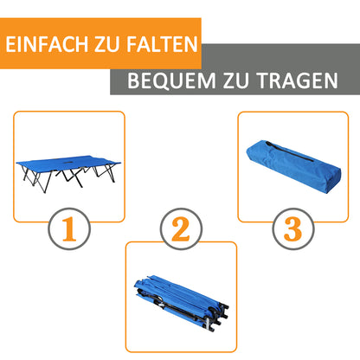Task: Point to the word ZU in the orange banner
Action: click(102, 44)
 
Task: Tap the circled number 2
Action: click(180, 229)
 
